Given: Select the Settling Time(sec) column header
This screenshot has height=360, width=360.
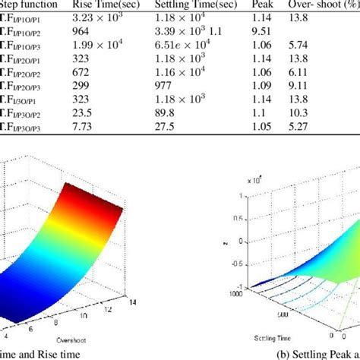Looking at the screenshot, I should pos(194,5).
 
